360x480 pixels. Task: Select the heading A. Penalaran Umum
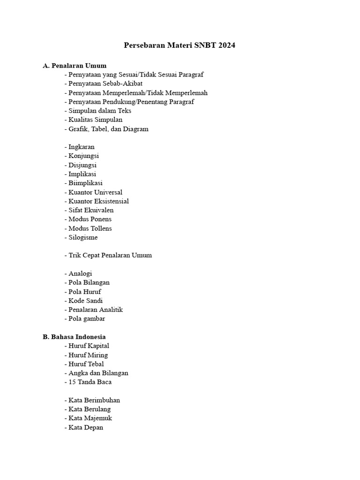coord(75,65)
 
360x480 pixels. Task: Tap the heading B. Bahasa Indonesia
coord(74,337)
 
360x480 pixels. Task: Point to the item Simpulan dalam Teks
coord(99,111)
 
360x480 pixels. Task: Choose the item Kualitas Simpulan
coord(95,120)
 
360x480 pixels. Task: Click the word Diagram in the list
coord(135,129)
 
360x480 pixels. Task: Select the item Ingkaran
coord(81,147)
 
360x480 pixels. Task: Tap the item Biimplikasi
coord(85,183)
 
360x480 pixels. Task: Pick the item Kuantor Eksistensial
coord(98,201)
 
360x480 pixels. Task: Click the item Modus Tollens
coord(90,228)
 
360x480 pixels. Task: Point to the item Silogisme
coord(83,237)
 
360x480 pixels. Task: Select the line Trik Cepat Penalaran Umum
coord(110,255)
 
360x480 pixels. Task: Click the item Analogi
coord(80,273)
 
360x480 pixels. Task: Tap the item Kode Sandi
coord(85,300)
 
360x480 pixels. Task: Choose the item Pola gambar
coord(86,319)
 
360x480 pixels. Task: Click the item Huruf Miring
coord(88,355)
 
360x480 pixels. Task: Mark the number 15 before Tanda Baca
coord(72,382)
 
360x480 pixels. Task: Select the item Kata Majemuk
coord(90,418)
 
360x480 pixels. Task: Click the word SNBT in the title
coord(201,45)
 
